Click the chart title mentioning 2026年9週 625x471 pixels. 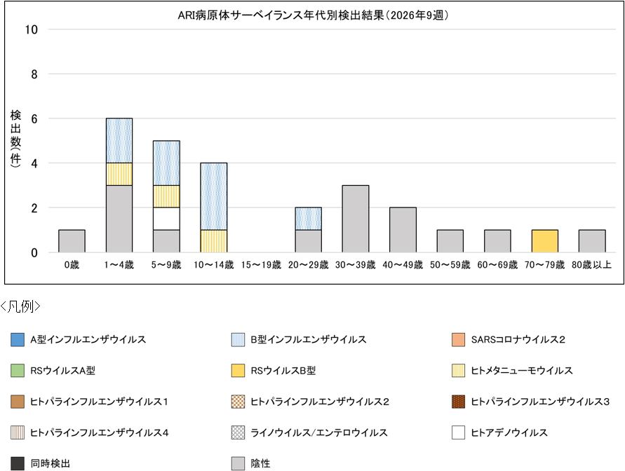tap(312, 14)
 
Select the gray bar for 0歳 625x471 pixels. tap(72, 241)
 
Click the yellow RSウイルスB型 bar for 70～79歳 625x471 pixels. tap(545, 241)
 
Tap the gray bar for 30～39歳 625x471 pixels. tap(356, 219)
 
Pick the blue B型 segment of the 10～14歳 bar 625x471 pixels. tap(213, 196)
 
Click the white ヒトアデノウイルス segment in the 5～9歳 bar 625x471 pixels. tap(166, 219)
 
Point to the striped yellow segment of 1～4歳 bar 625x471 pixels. tap(119, 174)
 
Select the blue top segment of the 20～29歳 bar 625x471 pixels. tap(308, 219)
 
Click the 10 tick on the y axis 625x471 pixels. tap(32, 29)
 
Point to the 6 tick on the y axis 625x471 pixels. tap(34, 118)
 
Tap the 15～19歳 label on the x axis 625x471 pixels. tap(261, 265)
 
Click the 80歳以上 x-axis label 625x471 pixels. tap(592, 265)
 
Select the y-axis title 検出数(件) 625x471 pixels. tap(15, 137)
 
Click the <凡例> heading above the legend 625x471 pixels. tap(21, 306)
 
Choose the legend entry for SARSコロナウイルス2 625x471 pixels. tap(518, 340)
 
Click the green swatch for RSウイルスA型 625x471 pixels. tap(18, 371)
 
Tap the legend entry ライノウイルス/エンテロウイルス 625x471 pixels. tap(318, 433)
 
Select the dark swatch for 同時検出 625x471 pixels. tap(18, 464)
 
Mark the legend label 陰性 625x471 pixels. tap(260, 464)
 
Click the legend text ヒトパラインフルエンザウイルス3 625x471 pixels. tap(540, 402)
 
